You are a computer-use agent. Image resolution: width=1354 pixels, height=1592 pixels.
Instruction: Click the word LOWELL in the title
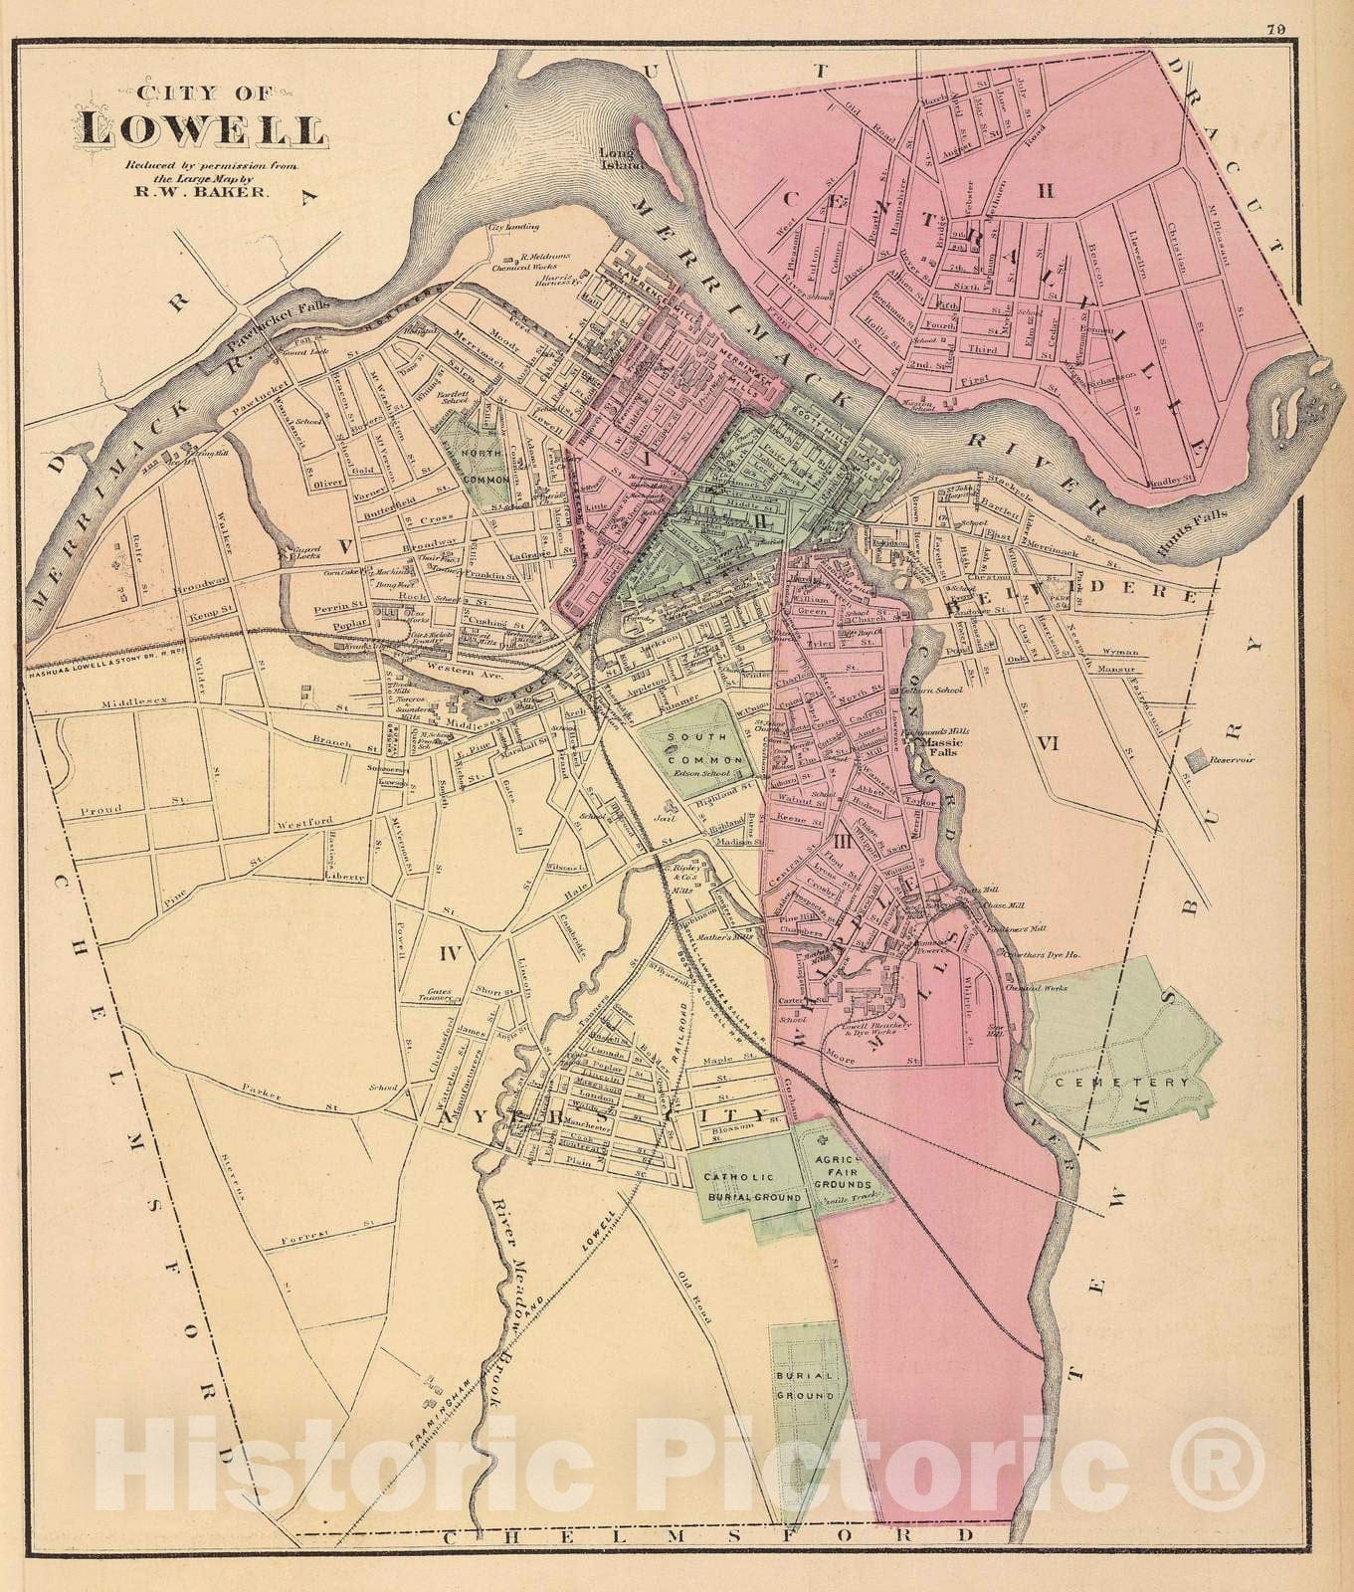point(202,129)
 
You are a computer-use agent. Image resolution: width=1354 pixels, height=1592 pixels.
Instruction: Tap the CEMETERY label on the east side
point(1123,1082)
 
